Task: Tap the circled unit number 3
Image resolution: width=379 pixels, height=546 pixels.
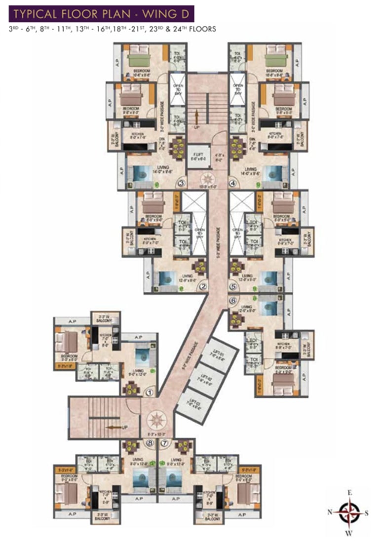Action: (181, 184)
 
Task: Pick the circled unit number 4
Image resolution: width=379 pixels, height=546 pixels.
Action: (233, 184)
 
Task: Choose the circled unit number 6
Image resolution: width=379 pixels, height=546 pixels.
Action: (233, 300)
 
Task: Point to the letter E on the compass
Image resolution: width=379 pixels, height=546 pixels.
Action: (349, 493)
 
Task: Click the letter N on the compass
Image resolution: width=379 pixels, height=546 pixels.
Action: (330, 512)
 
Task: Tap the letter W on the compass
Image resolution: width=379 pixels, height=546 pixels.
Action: (349, 532)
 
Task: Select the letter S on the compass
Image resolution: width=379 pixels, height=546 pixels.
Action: (367, 512)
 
